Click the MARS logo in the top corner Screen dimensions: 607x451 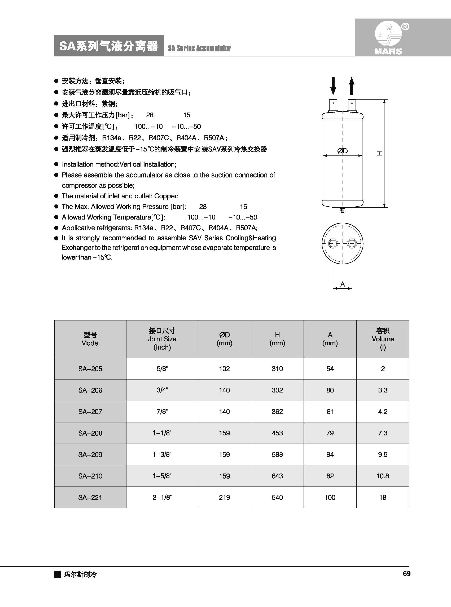pyautogui.click(x=388, y=38)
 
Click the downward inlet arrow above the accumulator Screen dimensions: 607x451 pyautogui.click(x=333, y=86)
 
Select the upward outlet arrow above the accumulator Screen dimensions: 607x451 pyautogui.click(x=352, y=86)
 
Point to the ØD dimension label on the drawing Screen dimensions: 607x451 pyautogui.click(x=342, y=151)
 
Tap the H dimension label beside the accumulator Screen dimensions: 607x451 pyautogui.click(x=379, y=154)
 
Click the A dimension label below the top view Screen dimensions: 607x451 pyautogui.click(x=343, y=284)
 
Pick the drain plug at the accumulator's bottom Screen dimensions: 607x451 pyautogui.click(x=343, y=210)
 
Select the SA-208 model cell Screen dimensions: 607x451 pyautogui.click(x=90, y=433)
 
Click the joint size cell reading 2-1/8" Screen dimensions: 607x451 pyautogui.click(x=162, y=497)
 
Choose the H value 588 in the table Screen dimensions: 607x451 pyautogui.click(x=277, y=454)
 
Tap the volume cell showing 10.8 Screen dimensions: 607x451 pyautogui.click(x=383, y=476)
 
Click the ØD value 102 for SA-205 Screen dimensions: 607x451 pyautogui.click(x=224, y=369)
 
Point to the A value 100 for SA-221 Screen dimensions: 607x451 pyautogui.click(x=330, y=497)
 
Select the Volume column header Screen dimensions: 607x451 pyautogui.click(x=383, y=339)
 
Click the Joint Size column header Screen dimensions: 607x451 pyautogui.click(x=162, y=339)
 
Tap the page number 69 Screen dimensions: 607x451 pyautogui.click(x=406, y=574)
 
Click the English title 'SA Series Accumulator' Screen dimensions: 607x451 pyautogui.click(x=200, y=48)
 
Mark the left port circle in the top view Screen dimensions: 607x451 pyautogui.click(x=333, y=243)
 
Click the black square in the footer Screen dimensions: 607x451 pyautogui.click(x=57, y=574)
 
